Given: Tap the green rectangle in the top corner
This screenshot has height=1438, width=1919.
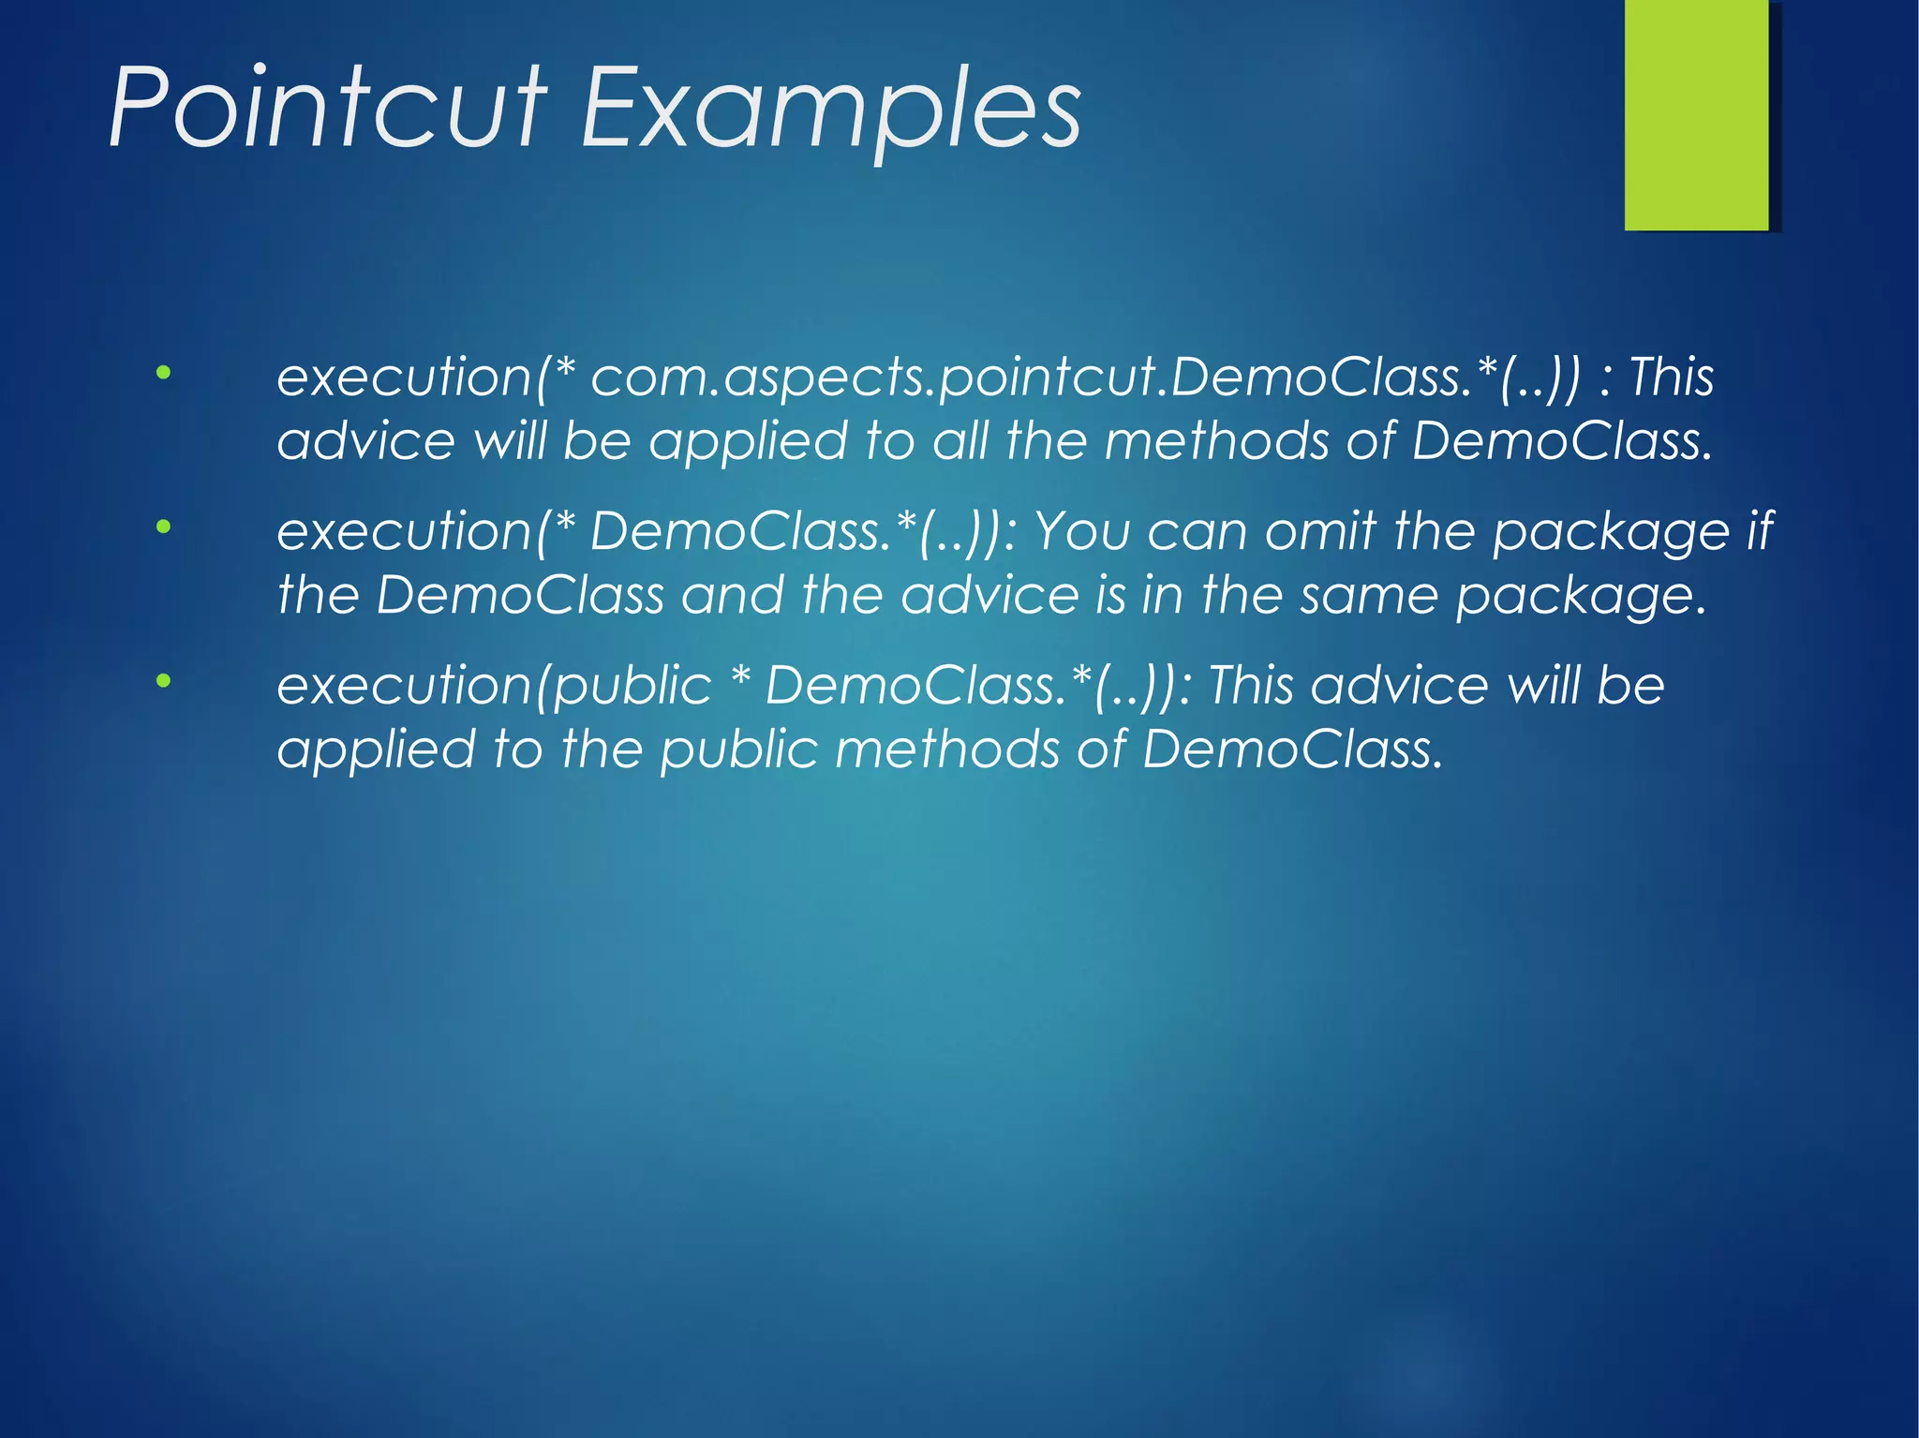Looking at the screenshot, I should [1696, 114].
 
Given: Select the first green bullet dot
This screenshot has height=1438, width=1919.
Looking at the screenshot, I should [164, 373].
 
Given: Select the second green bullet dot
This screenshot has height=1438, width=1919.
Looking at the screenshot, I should [164, 527].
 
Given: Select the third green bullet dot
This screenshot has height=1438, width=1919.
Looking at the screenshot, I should [164, 682].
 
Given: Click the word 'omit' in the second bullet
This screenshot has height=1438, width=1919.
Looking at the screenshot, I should [1320, 531].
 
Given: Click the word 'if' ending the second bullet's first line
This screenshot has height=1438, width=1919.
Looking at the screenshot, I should [1760, 531].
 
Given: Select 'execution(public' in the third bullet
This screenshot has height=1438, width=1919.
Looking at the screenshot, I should [494, 687].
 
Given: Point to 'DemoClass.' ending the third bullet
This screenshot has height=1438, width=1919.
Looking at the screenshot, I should [1292, 749].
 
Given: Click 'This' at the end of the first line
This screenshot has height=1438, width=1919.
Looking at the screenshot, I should [1672, 377].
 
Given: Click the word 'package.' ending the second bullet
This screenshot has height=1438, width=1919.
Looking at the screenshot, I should [1581, 597].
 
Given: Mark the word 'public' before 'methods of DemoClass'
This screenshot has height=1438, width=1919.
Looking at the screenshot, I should [738, 750].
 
